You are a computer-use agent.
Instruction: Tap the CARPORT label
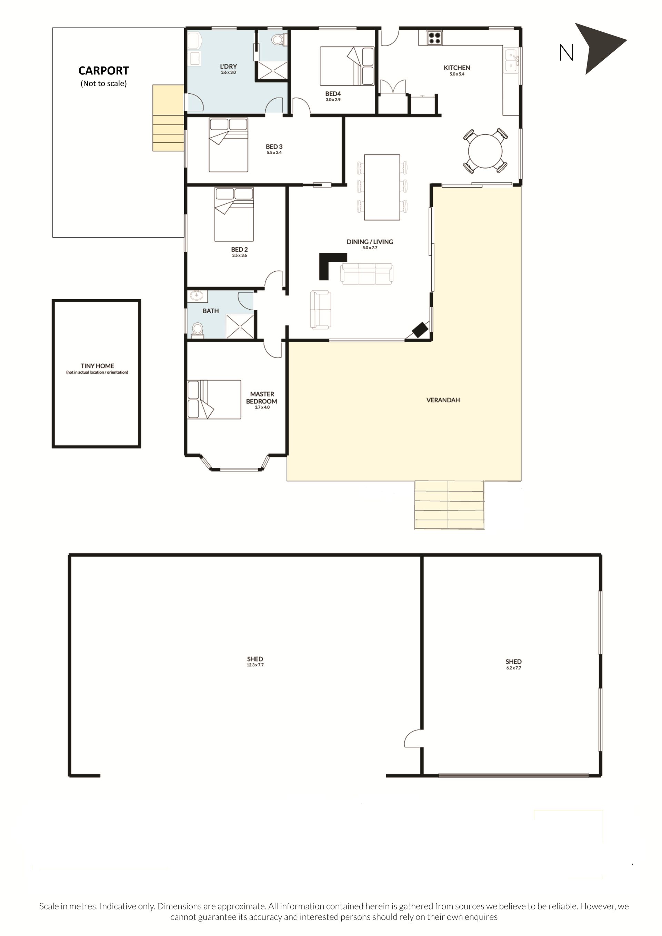[x=103, y=71]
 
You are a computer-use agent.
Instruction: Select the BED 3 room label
[x=274, y=147]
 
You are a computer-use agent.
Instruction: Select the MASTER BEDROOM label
[x=262, y=397]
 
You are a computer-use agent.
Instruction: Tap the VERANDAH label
[x=443, y=400]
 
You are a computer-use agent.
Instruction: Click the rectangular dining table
[x=382, y=187]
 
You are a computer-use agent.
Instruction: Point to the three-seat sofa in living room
[x=367, y=273]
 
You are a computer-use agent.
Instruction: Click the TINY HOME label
[x=97, y=366]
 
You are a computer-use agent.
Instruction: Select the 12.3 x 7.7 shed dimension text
[x=255, y=665]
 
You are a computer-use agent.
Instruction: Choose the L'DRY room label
[x=228, y=67]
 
